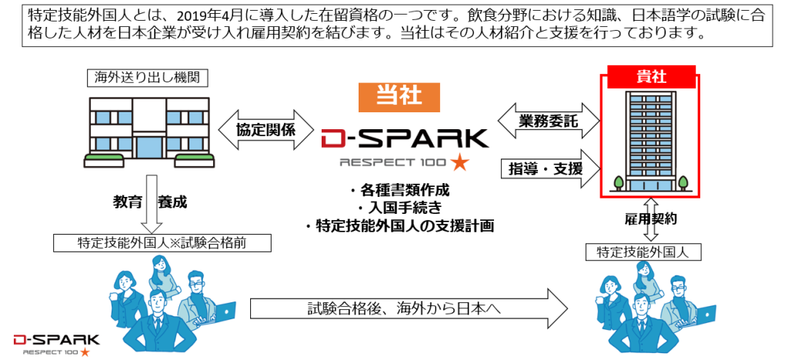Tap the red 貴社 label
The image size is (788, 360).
pos(651,76)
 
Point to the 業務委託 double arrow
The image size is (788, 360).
pos(549,121)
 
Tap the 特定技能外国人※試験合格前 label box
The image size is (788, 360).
pos(164,243)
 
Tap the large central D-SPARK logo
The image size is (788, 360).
pos(404,138)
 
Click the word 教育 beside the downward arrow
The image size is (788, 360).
pos(128,203)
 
